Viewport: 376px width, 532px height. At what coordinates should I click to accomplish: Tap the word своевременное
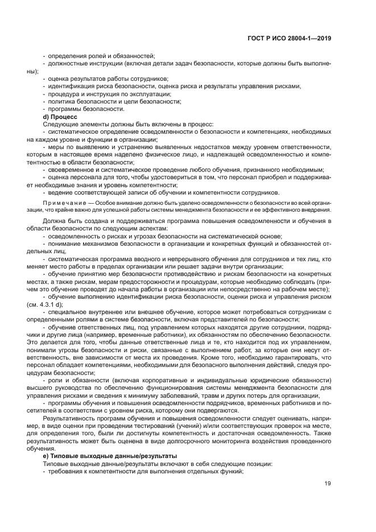point(73,169)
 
